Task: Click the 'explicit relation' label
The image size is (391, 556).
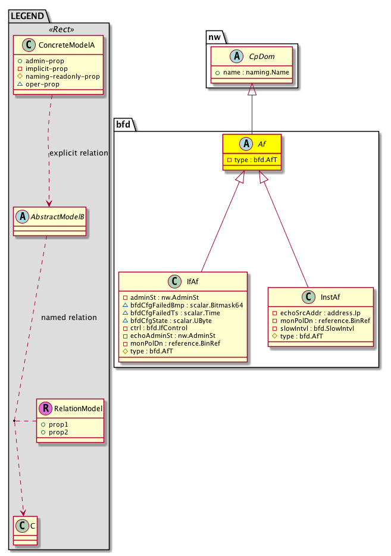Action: (x=79, y=153)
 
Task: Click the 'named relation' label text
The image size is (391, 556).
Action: (x=68, y=318)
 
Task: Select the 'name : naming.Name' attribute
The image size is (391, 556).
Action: (x=252, y=72)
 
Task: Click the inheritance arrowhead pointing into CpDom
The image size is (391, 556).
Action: (x=252, y=89)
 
